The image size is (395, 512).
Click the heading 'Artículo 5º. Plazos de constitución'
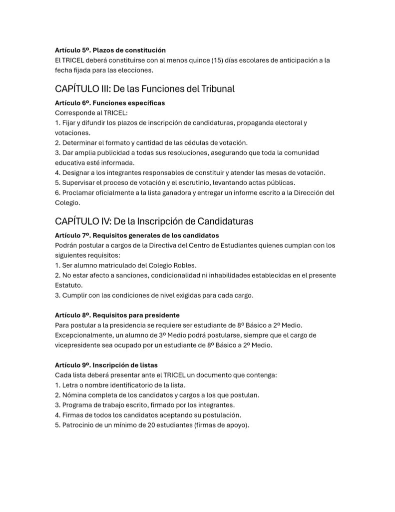pyautogui.click(x=110, y=50)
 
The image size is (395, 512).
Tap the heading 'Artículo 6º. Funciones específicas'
pyautogui.click(x=110, y=102)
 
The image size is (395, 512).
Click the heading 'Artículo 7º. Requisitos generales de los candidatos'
pyautogui.click(x=137, y=235)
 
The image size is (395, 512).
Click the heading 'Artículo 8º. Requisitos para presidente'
pyautogui.click(x=117, y=315)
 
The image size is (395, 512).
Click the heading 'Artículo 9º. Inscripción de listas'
pyautogui.click(x=106, y=365)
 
